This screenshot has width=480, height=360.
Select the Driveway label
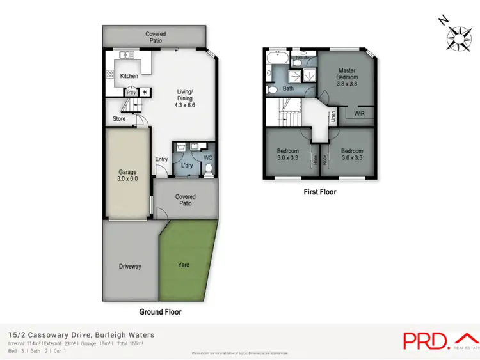coord(130,266)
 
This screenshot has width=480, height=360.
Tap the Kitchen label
coord(129,76)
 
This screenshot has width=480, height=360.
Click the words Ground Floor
coord(160,312)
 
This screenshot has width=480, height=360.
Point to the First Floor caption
coord(319,191)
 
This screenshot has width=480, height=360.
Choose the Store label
coord(119,118)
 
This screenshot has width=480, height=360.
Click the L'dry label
coord(187,166)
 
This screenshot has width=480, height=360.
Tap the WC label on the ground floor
coord(207,157)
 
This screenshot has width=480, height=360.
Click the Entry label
coord(161,160)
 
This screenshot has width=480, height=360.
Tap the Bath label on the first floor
coord(289,88)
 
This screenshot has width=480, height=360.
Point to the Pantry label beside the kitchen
coord(131,92)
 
